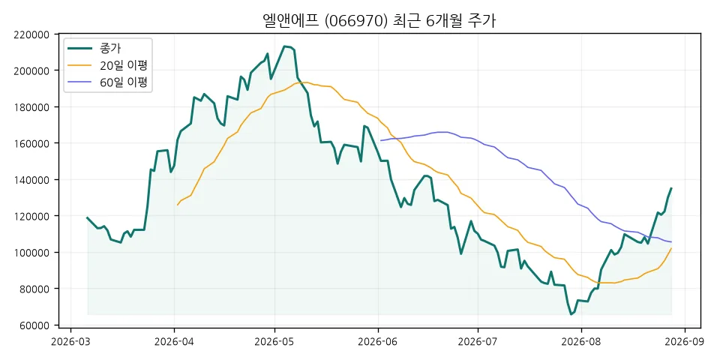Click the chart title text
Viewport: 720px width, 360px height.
click(x=379, y=21)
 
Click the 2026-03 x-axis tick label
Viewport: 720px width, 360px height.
click(x=70, y=342)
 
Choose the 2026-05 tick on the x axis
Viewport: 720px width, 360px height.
click(x=274, y=342)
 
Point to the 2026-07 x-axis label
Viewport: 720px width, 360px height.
click(x=478, y=342)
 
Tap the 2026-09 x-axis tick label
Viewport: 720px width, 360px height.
click(x=685, y=342)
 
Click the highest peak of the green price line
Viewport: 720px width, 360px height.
click(x=285, y=46)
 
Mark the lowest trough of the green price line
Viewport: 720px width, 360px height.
click(x=571, y=314)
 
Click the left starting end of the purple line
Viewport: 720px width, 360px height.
click(x=381, y=140)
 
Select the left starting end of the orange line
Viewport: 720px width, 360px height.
click(x=177, y=205)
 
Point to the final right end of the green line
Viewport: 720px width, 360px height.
click(x=671, y=187)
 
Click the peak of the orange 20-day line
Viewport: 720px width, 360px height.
click(x=305, y=82)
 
